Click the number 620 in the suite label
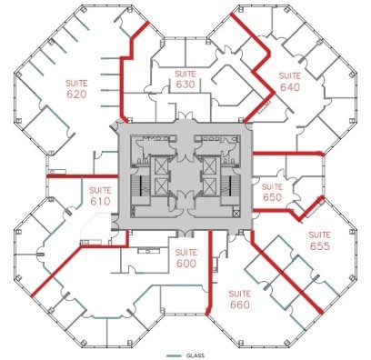(x=75, y=94)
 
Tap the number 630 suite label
(x=185, y=85)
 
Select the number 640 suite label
(x=289, y=88)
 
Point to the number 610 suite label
(x=99, y=201)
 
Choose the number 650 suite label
(x=273, y=195)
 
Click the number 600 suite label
(x=185, y=264)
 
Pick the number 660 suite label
(x=240, y=305)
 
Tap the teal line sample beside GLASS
(x=174, y=354)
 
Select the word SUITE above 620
(x=75, y=83)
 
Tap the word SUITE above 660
(x=240, y=295)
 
